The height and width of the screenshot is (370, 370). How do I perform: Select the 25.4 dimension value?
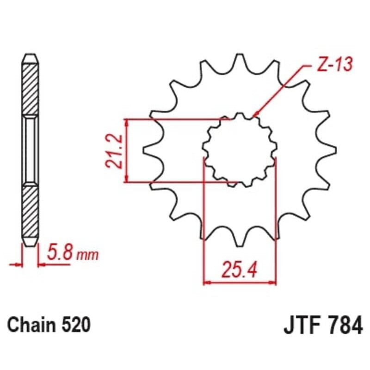(x=240, y=270)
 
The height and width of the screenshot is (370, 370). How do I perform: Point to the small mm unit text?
(x=88, y=255)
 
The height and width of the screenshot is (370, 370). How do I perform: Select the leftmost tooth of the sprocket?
(x=149, y=149)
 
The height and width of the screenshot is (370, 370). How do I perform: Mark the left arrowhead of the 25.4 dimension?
(x=207, y=281)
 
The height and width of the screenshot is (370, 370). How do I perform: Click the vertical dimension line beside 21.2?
(x=127, y=151)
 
